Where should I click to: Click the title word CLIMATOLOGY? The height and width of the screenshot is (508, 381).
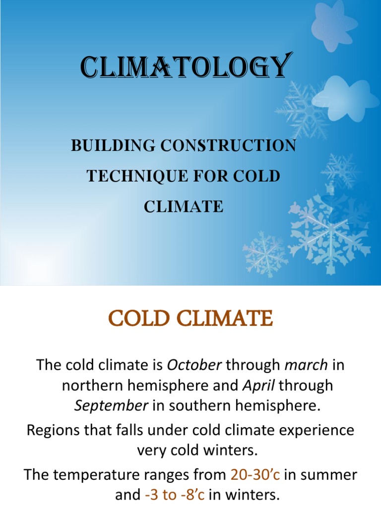(x=184, y=67)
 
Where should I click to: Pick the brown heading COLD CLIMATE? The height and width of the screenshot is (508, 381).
(x=190, y=318)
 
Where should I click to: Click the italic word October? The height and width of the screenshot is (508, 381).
(x=194, y=366)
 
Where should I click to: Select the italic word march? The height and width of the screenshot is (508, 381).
(x=306, y=366)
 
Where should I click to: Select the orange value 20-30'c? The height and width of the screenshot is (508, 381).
(x=255, y=475)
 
